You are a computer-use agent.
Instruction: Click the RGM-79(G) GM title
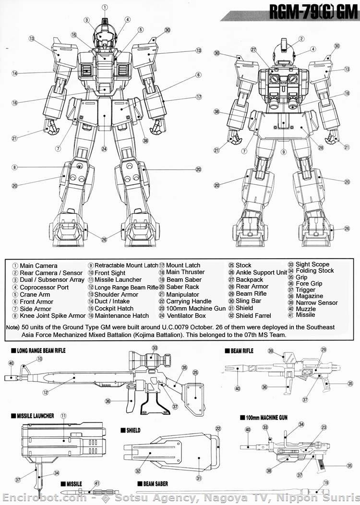[x=313, y=14]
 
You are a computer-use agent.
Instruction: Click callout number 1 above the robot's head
[x=105, y=7]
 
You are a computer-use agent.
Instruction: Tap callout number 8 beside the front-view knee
[x=15, y=167]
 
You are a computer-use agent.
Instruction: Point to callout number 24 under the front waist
[x=104, y=149]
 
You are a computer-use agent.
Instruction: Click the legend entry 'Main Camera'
[x=38, y=265]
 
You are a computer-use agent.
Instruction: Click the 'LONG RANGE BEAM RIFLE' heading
[x=41, y=351]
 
